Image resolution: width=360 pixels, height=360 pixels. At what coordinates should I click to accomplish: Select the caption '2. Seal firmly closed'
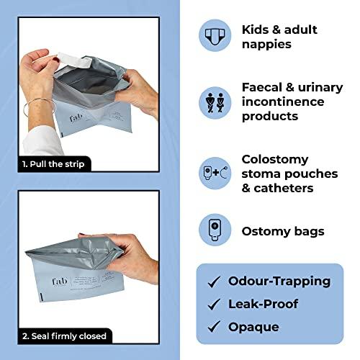pyautogui.click(x=65, y=336)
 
